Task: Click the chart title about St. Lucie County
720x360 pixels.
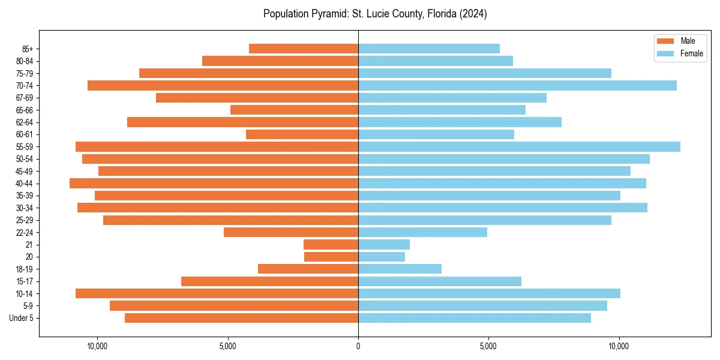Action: point(374,14)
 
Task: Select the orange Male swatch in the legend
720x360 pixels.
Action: point(665,41)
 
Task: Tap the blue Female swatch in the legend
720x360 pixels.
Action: point(665,53)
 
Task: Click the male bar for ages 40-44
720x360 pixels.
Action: point(214,183)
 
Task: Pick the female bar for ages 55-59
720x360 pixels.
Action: point(519,146)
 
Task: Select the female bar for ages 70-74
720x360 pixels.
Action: point(517,85)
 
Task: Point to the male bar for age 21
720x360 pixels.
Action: point(331,244)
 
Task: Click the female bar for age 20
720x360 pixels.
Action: point(382,257)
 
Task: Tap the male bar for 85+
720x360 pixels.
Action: point(304,49)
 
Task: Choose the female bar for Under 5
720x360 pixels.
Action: point(475,318)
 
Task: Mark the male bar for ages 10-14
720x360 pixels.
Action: point(217,293)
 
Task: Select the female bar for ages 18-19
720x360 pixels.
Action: point(400,269)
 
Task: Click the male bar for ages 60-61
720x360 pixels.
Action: point(302,134)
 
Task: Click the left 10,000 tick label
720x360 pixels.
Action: point(97,346)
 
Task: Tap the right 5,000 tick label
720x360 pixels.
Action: point(488,346)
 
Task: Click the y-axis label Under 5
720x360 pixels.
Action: point(21,318)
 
